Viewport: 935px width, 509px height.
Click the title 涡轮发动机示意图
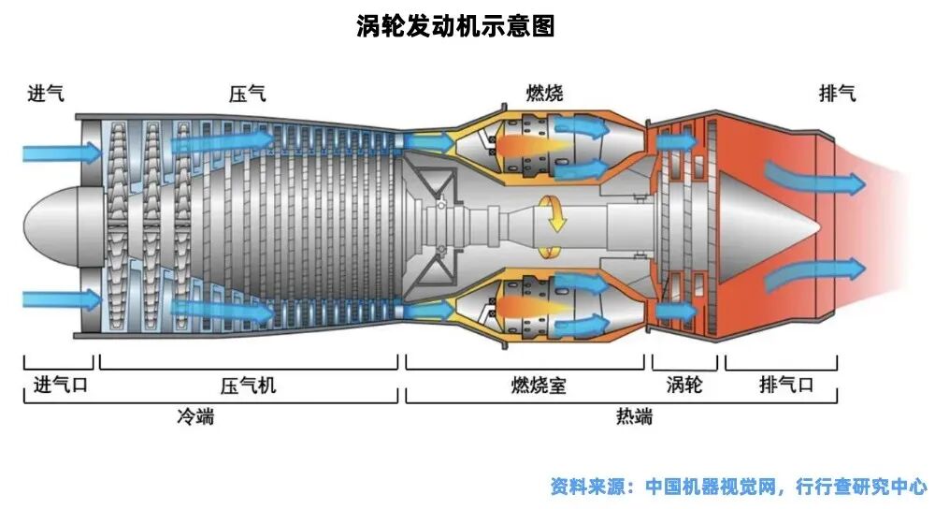455,26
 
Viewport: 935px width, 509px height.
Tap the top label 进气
45,94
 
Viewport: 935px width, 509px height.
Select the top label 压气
248,94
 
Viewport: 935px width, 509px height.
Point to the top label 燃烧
544,94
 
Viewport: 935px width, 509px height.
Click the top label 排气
837,94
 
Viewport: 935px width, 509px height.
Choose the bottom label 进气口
60,385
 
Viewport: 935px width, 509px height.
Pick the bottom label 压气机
248,385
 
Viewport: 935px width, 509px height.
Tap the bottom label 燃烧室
538,385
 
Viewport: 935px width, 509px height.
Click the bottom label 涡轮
684,385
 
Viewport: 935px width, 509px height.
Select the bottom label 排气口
786,385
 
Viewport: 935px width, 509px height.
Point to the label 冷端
195,416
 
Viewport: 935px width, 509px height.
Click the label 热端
634,416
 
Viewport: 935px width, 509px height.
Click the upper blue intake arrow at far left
62,153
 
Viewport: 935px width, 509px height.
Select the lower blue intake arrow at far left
62,299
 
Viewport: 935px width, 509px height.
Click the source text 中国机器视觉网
711,487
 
